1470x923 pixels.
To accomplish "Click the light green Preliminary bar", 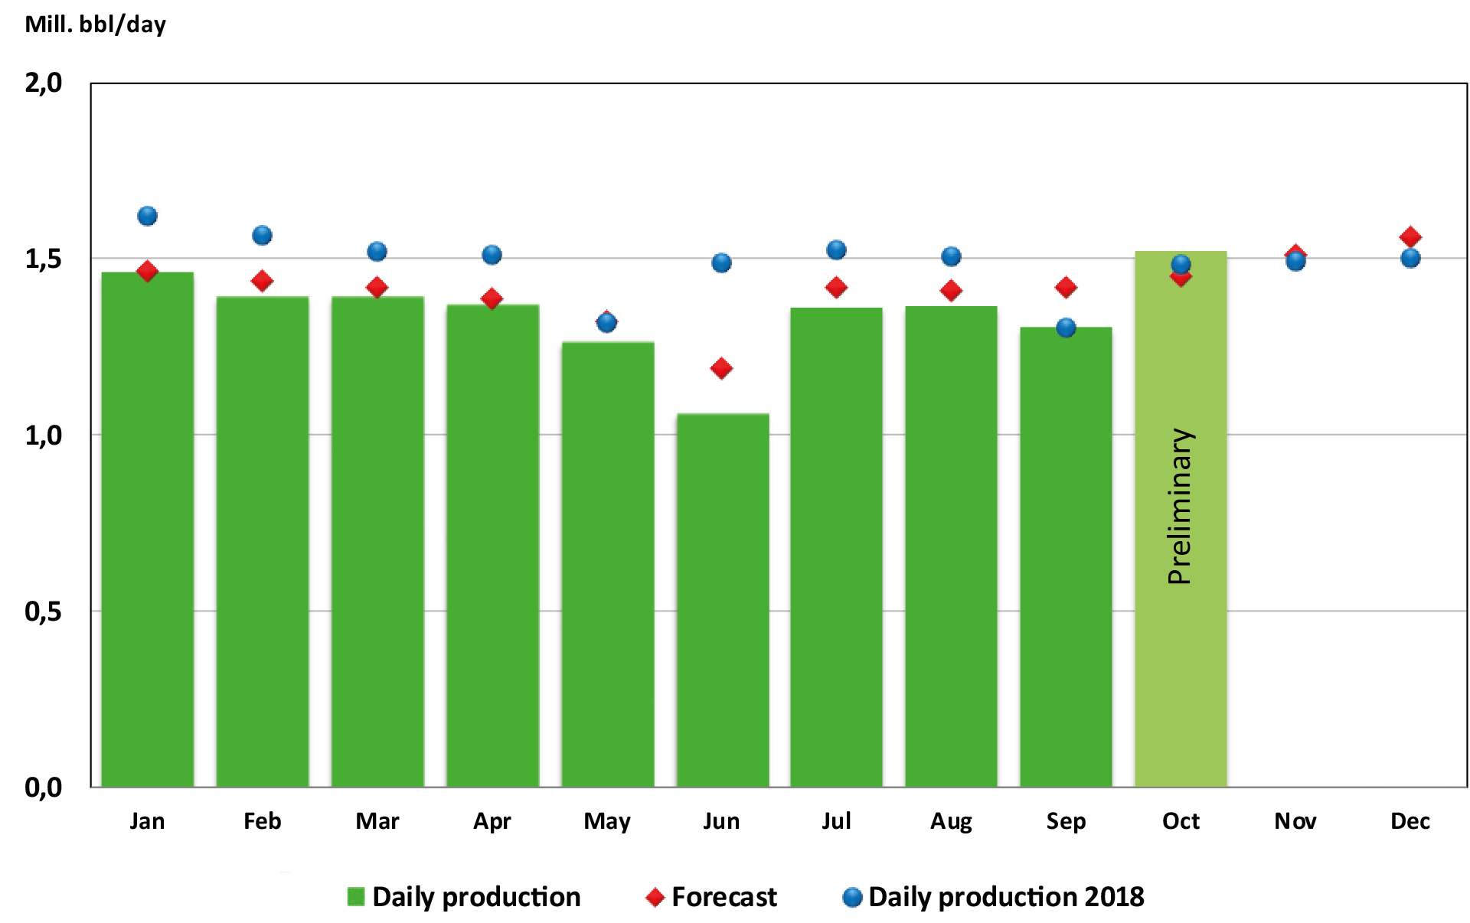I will click(x=1181, y=651).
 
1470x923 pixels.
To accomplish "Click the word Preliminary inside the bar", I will click(x=1180, y=507).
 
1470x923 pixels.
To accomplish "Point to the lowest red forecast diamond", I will click(x=720, y=369).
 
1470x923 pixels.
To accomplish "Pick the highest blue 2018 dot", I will click(x=147, y=215).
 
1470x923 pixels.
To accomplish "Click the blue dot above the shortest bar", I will click(x=721, y=263).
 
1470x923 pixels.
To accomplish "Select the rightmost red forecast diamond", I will click(x=1410, y=237).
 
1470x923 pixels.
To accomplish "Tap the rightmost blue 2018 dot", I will click(x=1410, y=258).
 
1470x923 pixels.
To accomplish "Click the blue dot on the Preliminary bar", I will click(x=1181, y=265).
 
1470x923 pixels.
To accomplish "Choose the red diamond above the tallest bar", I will click(x=147, y=271).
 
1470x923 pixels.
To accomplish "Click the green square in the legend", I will click(x=355, y=897).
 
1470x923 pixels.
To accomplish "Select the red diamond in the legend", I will click(x=655, y=897).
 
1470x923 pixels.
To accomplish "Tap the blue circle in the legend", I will click(x=851, y=897).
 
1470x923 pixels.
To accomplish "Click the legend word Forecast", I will click(x=724, y=897).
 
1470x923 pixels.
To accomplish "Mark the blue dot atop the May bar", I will click(x=606, y=322).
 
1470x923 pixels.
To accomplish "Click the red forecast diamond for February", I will click(x=262, y=281).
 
